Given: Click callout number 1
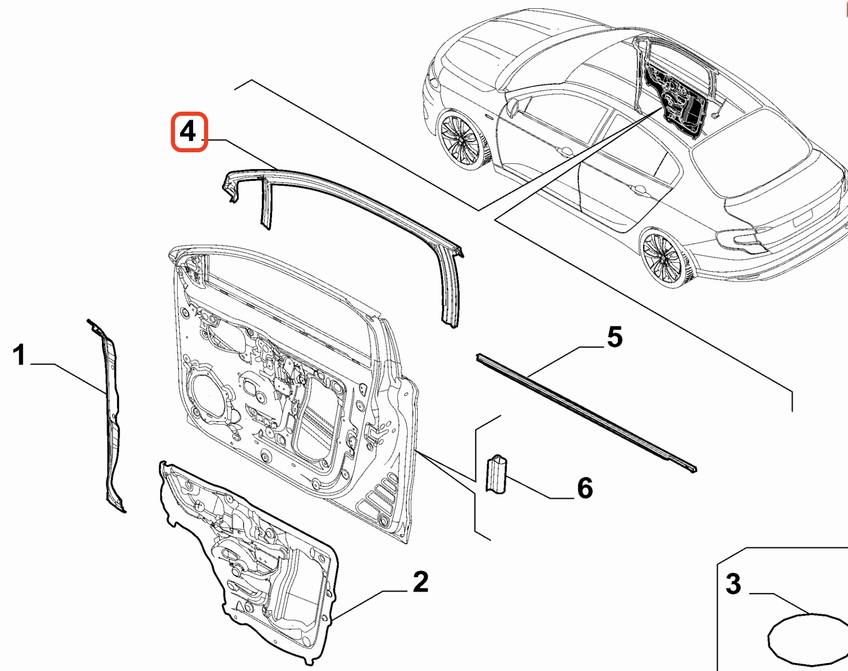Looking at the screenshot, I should (19, 355).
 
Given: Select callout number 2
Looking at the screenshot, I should (420, 582).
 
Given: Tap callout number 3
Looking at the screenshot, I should (733, 584).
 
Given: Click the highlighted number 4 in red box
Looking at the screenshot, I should (189, 132).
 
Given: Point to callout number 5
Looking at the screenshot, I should (615, 337).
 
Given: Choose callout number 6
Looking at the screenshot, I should (585, 488).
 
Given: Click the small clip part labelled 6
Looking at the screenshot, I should (496, 475).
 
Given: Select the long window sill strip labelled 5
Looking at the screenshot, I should (587, 413).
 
